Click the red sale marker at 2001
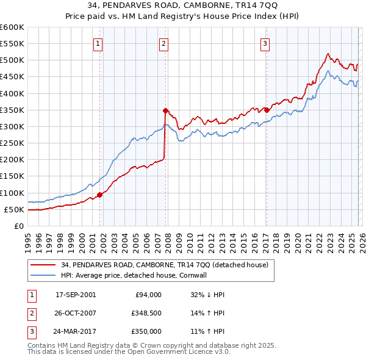(99, 195)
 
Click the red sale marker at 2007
(165, 110)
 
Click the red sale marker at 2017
(267, 110)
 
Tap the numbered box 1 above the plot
(98, 43)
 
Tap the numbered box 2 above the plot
(164, 43)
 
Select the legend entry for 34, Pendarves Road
(165, 265)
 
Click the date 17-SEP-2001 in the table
(76, 295)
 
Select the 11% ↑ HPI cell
(207, 332)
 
